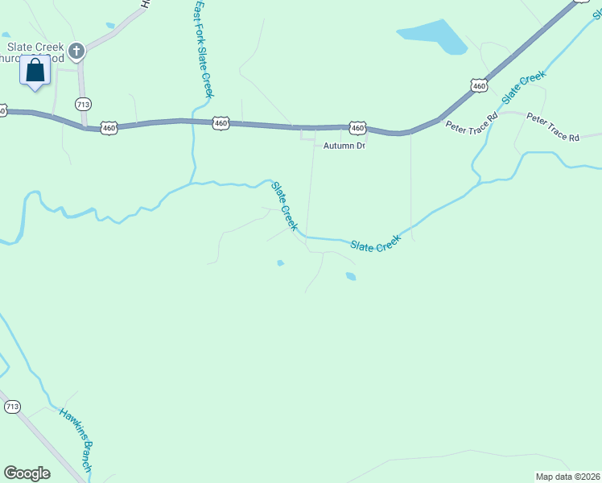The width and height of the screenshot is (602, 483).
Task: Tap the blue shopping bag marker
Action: (x=35, y=70)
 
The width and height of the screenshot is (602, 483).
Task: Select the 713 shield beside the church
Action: (x=83, y=104)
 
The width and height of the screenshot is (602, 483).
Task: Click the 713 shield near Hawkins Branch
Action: (x=11, y=407)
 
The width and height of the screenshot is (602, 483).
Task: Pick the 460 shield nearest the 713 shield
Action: (x=110, y=128)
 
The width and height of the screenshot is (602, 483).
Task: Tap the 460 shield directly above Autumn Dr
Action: (x=358, y=128)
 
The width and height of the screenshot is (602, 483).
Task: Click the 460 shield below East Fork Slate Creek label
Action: (x=221, y=123)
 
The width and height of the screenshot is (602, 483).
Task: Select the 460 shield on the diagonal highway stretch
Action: (x=479, y=85)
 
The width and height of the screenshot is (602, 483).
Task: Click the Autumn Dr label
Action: (x=344, y=146)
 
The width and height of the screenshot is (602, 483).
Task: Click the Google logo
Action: (x=27, y=473)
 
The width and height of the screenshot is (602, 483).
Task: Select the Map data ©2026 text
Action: (x=567, y=477)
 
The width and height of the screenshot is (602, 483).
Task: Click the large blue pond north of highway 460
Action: (x=432, y=37)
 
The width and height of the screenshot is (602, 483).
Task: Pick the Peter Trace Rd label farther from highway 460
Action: (x=553, y=127)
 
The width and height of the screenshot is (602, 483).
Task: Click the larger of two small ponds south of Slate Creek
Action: (x=351, y=277)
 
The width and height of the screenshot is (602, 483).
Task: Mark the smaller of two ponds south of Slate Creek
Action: (x=280, y=262)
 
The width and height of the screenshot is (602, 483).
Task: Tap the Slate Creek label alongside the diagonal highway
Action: (x=523, y=87)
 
